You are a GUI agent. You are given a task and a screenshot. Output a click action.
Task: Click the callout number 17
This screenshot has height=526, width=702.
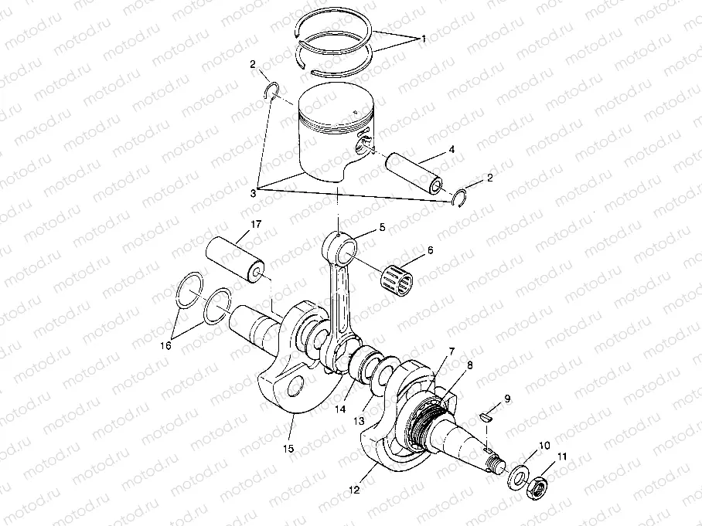256,224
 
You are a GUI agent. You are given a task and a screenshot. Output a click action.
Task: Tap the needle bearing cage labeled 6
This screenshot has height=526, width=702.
397,278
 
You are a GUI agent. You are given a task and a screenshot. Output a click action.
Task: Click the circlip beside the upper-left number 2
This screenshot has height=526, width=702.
271,90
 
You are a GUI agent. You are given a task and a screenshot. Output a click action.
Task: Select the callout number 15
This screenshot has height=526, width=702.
289,448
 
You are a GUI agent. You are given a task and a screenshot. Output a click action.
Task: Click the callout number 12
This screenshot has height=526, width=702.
353,490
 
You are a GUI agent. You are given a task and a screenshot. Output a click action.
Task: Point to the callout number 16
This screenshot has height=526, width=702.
165,346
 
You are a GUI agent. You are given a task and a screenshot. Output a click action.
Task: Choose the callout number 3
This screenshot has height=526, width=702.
254,193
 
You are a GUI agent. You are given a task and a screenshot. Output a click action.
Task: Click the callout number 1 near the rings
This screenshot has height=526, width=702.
423,39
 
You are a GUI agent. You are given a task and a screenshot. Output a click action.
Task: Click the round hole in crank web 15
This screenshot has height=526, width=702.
295,386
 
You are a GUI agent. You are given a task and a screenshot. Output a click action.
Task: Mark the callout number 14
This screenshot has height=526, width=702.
341,409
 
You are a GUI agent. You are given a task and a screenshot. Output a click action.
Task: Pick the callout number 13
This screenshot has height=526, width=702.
359,421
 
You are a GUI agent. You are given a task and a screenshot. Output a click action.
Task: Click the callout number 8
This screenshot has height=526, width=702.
469,365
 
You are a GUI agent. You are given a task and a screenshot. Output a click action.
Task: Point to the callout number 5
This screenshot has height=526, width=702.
382,228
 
